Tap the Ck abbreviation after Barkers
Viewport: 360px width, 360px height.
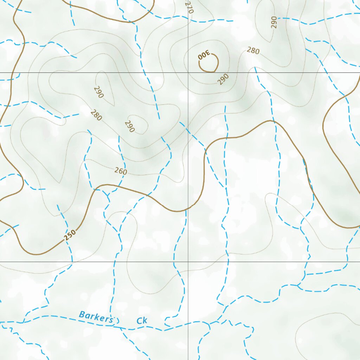coord(142,321)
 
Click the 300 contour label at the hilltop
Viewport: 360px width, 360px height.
coord(204,55)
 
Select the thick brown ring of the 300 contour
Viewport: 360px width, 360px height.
coord(218,63)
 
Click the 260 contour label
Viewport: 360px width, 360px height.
coord(121,171)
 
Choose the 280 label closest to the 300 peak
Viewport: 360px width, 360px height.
coord(253,51)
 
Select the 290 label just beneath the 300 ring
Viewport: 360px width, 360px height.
coord(223,79)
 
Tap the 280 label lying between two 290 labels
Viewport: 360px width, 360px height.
coord(96,115)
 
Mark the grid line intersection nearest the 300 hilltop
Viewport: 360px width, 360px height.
coord(188,72)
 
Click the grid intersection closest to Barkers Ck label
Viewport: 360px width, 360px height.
coord(188,262)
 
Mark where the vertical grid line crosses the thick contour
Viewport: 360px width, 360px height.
coord(188,210)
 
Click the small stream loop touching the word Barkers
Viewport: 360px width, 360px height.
coord(116,320)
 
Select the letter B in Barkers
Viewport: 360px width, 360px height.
coord(82,314)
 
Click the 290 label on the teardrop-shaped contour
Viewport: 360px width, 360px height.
coord(99,92)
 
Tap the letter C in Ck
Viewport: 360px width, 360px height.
coord(139,321)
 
